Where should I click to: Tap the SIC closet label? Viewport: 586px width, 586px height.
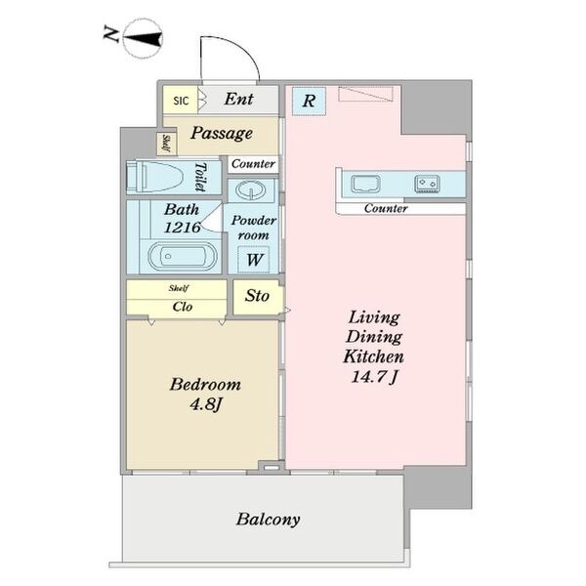point(181,101)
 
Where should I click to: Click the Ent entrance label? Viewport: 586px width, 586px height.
point(239,99)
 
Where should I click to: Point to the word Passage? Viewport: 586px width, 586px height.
point(222,134)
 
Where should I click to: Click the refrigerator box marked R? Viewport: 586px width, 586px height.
point(309,101)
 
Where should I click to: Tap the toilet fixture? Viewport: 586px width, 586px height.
point(155,178)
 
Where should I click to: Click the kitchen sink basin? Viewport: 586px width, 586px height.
point(366,185)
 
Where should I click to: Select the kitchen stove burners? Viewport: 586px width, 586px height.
point(427,185)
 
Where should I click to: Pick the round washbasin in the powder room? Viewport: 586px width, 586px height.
point(250,190)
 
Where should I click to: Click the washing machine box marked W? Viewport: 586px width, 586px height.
point(254,260)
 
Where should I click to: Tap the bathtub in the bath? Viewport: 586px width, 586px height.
point(182,256)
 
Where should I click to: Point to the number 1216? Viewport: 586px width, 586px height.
point(183,227)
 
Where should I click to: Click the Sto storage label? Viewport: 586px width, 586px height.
point(257,296)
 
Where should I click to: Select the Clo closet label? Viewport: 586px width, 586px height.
point(183,307)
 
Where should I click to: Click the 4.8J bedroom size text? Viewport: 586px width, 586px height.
point(206,404)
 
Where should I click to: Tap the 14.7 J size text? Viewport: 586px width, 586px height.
point(374,377)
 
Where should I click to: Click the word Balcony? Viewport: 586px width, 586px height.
point(268,520)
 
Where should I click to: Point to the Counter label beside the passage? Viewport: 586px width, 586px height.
point(253,164)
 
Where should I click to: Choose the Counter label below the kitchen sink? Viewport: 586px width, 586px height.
point(386,208)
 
